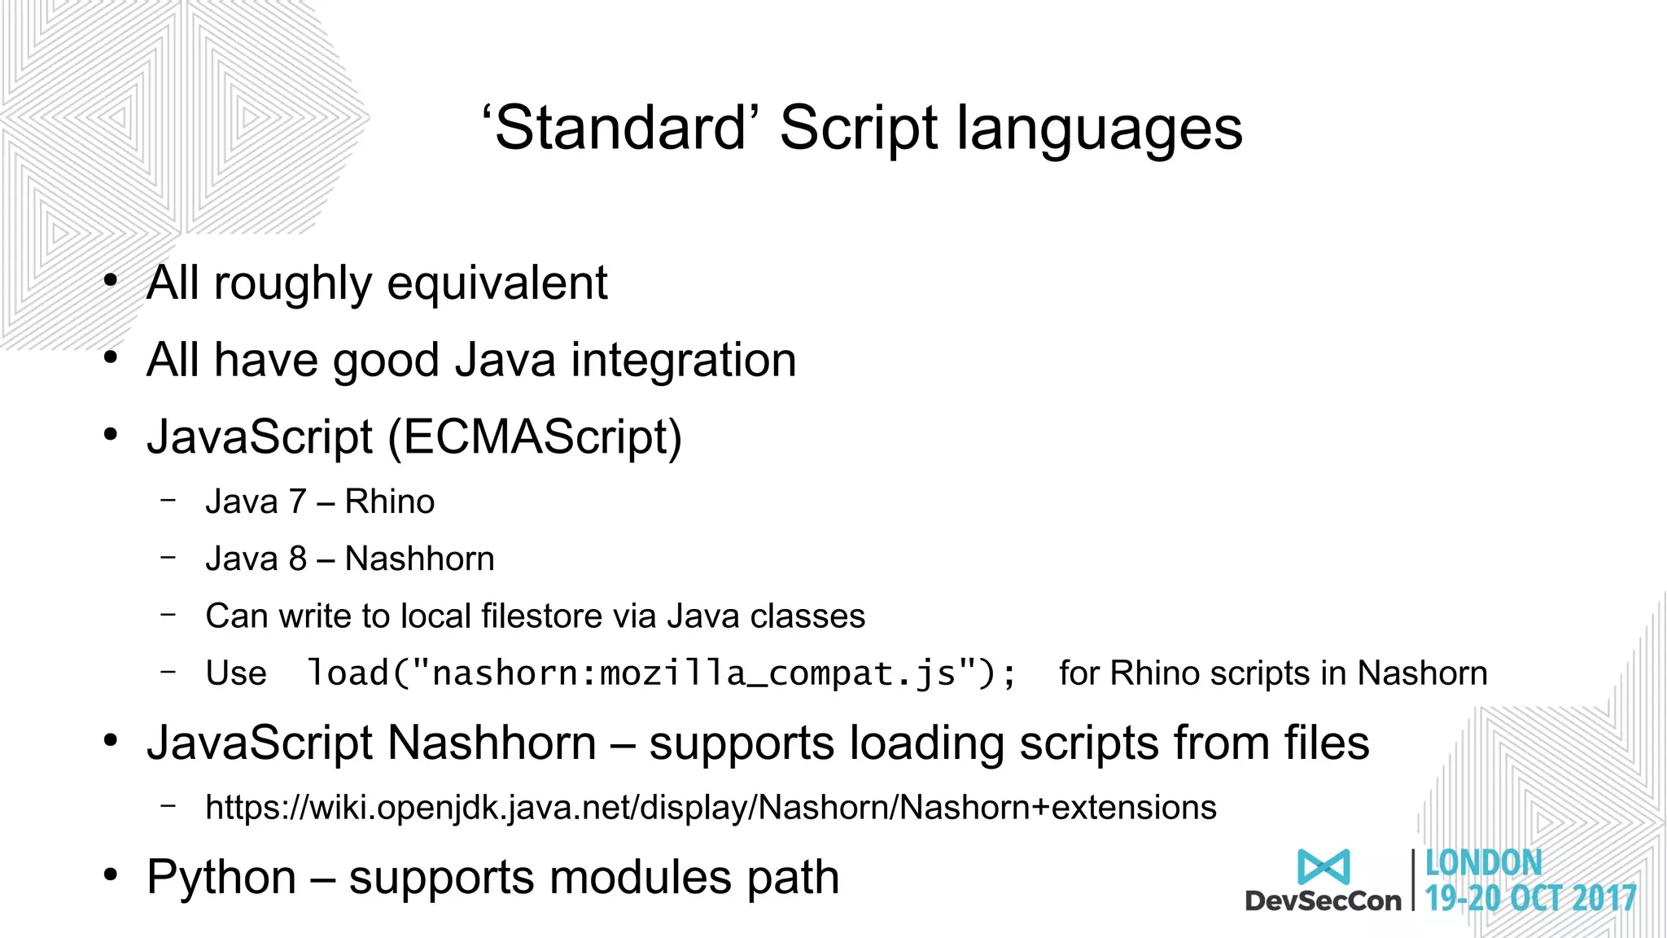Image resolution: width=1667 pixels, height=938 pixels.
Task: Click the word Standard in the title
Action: (x=620, y=129)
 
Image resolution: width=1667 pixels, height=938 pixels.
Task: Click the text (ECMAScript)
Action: (x=535, y=437)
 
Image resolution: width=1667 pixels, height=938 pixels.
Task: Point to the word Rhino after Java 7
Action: (x=389, y=502)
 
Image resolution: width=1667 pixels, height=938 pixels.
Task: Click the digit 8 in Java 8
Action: (x=298, y=559)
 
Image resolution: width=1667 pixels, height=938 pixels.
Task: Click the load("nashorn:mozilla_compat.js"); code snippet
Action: (x=662, y=674)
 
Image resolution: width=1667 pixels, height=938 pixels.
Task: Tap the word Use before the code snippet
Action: (x=236, y=674)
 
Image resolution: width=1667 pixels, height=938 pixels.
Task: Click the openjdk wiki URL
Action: (x=711, y=808)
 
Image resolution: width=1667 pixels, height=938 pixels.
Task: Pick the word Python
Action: (x=221, y=878)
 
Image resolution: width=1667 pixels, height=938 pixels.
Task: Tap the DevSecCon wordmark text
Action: (x=1323, y=901)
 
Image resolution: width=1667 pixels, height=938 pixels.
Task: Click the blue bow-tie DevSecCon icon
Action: (x=1324, y=866)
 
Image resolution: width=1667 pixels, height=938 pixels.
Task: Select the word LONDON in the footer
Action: (x=1483, y=863)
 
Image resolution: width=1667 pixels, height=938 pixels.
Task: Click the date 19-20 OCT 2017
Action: (x=1530, y=899)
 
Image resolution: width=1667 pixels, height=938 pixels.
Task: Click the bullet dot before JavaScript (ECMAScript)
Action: (x=111, y=436)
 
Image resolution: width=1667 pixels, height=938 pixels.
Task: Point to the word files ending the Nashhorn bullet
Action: (x=1327, y=743)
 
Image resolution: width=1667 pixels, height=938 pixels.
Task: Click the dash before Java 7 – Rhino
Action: (x=168, y=500)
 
